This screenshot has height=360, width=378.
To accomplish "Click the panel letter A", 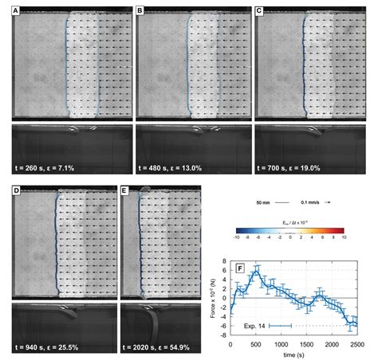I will (16, 13).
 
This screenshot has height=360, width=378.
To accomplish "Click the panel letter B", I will (141, 13).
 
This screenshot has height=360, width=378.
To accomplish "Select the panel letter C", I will (259, 13).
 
